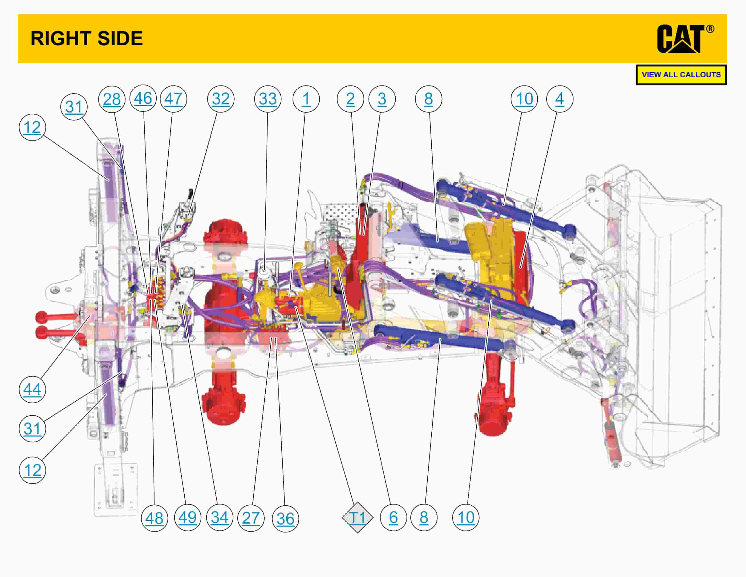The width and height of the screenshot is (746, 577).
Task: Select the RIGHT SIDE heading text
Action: click(x=87, y=38)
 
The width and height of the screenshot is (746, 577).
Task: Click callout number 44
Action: click(x=32, y=389)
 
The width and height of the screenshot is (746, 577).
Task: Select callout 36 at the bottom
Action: click(x=285, y=519)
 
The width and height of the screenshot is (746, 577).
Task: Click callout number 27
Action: click(x=251, y=518)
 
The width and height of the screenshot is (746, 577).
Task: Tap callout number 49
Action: click(x=187, y=517)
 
